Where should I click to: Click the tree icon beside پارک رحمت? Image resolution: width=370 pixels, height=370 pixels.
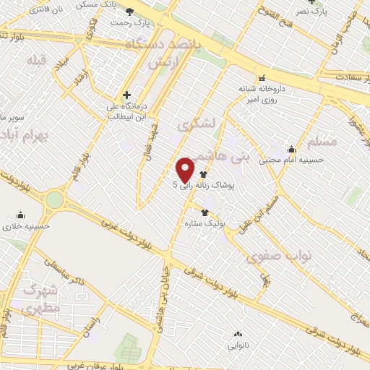tap(130, 12)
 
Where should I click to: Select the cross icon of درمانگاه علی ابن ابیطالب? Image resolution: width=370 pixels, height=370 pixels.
tap(126, 95)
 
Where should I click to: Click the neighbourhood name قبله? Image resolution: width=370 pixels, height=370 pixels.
tap(37, 61)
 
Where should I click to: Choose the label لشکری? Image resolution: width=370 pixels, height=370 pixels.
tap(200, 124)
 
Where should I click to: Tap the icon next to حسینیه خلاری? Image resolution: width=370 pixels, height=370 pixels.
tap(20, 215)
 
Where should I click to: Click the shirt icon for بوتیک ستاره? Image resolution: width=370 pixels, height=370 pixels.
tap(205, 212)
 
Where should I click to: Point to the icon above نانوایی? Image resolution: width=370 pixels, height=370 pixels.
tap(238, 333)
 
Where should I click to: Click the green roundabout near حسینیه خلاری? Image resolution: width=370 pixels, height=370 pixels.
tap(55, 199)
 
